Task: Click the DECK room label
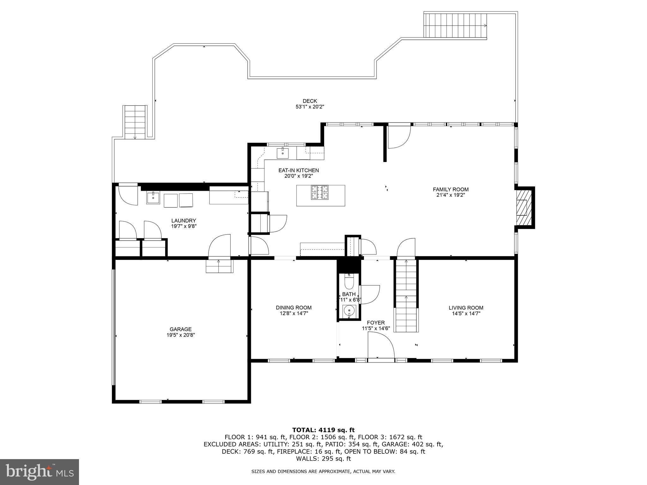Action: pos(310,101)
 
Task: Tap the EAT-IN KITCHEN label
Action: pos(299,171)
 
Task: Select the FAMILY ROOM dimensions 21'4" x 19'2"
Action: pos(451,195)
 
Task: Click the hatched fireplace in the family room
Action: pos(522,207)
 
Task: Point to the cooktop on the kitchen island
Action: pos(320,193)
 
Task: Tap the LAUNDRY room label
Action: pos(184,221)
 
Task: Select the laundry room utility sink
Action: pos(153,198)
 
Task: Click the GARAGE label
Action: pos(180,329)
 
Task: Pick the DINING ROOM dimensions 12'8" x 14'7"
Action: pos(294,314)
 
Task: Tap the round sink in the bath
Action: pos(349,311)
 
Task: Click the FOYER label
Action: pos(376,323)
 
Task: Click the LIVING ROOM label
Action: pos(466,308)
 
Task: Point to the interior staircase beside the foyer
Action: pos(406,294)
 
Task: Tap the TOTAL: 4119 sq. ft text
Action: pos(323,430)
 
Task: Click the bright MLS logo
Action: pos(39,472)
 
